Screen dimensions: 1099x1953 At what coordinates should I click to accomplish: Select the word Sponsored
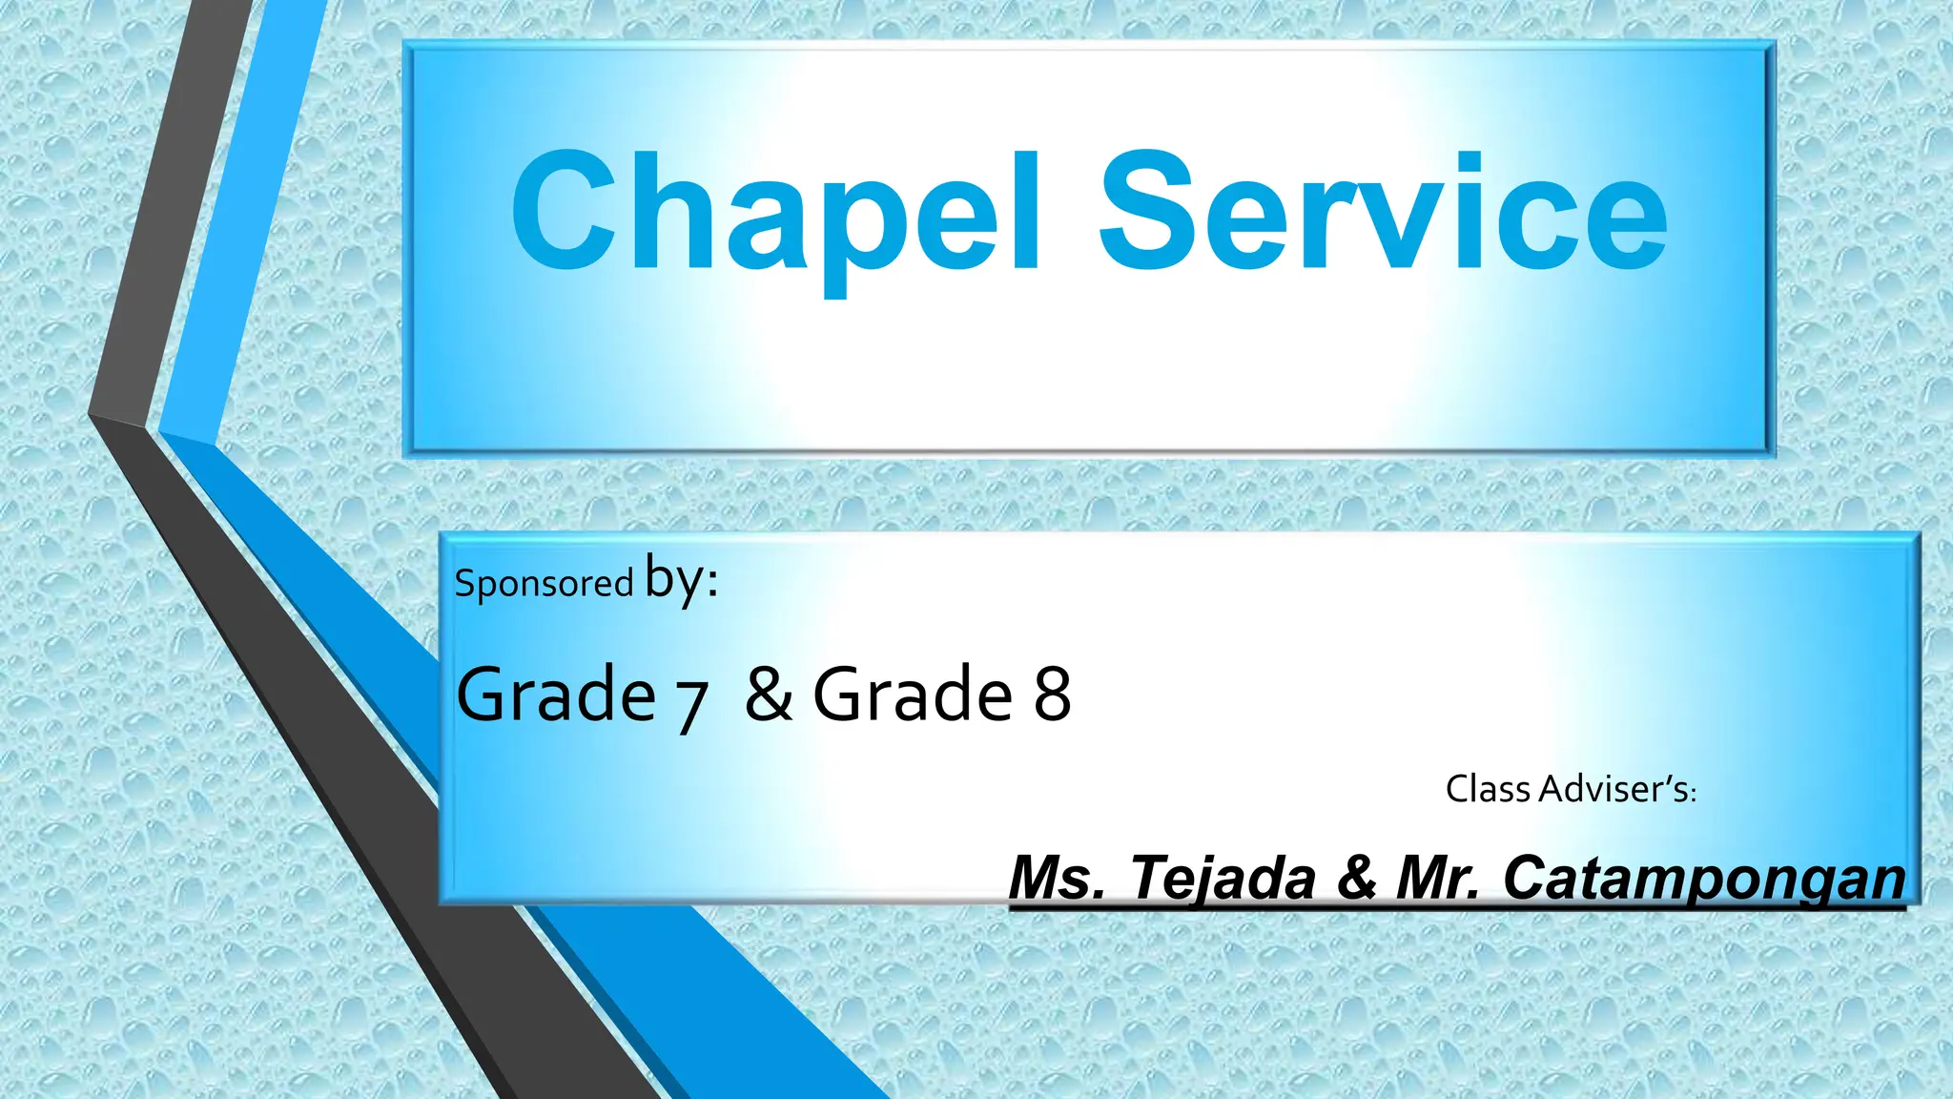tap(544, 583)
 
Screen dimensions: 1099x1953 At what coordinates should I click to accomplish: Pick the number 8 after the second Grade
tap(1052, 694)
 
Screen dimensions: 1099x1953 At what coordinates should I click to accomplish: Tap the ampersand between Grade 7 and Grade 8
tap(769, 694)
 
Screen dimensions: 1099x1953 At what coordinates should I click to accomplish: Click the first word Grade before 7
tap(556, 694)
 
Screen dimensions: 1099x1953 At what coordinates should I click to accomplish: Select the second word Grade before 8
tap(913, 694)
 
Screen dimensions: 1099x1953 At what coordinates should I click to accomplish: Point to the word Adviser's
tap(1618, 789)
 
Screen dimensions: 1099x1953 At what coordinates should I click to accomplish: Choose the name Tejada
tap(1223, 878)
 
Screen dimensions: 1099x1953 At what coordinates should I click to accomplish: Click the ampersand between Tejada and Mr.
tap(1357, 878)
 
